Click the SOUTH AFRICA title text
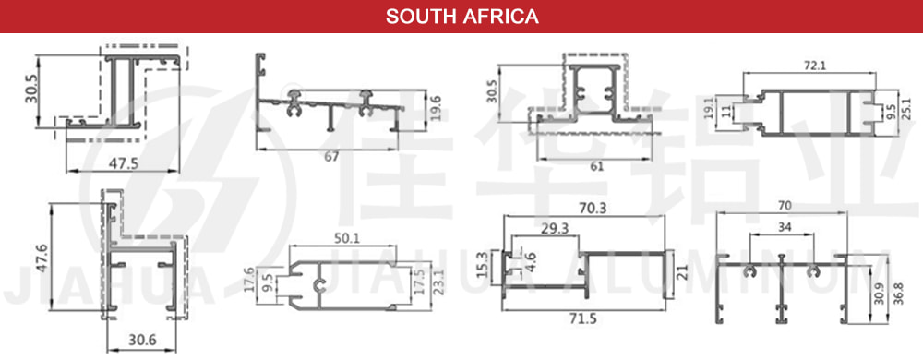[x=461, y=17]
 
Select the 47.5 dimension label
[x=123, y=162]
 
